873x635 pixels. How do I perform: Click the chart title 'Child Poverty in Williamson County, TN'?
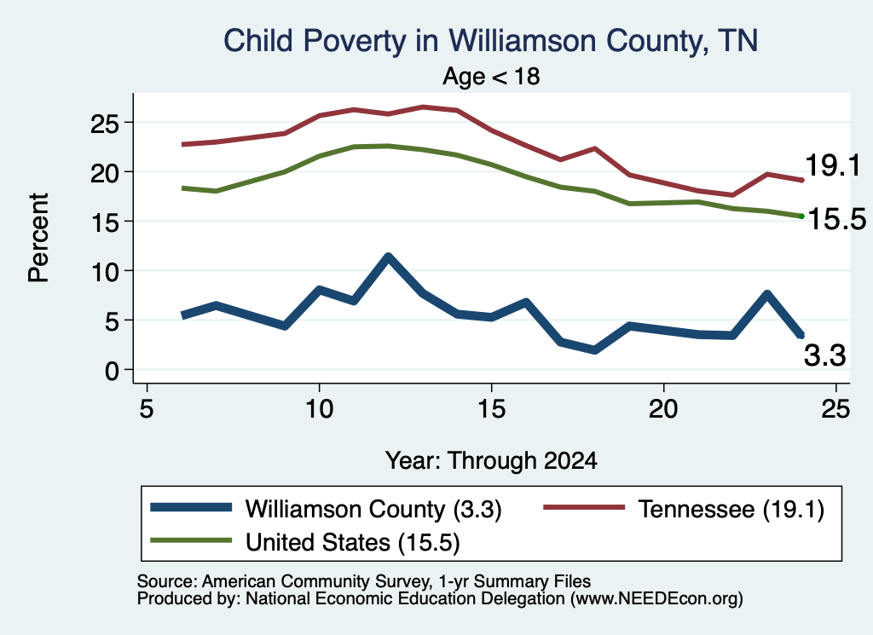(490, 41)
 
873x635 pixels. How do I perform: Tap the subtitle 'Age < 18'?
(491, 76)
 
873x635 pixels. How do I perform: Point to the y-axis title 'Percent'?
(38, 238)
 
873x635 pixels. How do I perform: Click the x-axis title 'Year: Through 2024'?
(491, 461)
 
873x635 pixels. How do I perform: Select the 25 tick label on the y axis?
(105, 124)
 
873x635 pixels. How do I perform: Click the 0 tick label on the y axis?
(112, 370)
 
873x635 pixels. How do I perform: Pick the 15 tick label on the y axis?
(105, 222)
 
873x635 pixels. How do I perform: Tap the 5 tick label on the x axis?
(147, 409)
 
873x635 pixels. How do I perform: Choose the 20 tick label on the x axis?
(663, 409)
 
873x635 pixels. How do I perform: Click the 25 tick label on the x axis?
(835, 409)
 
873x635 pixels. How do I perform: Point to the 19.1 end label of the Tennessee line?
(833, 165)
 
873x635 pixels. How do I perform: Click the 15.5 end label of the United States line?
(836, 219)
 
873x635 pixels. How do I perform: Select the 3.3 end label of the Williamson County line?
(824, 355)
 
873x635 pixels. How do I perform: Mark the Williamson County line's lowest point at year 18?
(595, 350)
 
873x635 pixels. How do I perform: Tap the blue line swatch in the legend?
(191, 507)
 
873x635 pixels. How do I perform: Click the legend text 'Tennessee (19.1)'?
(731, 509)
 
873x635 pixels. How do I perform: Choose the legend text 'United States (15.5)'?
(353, 542)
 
